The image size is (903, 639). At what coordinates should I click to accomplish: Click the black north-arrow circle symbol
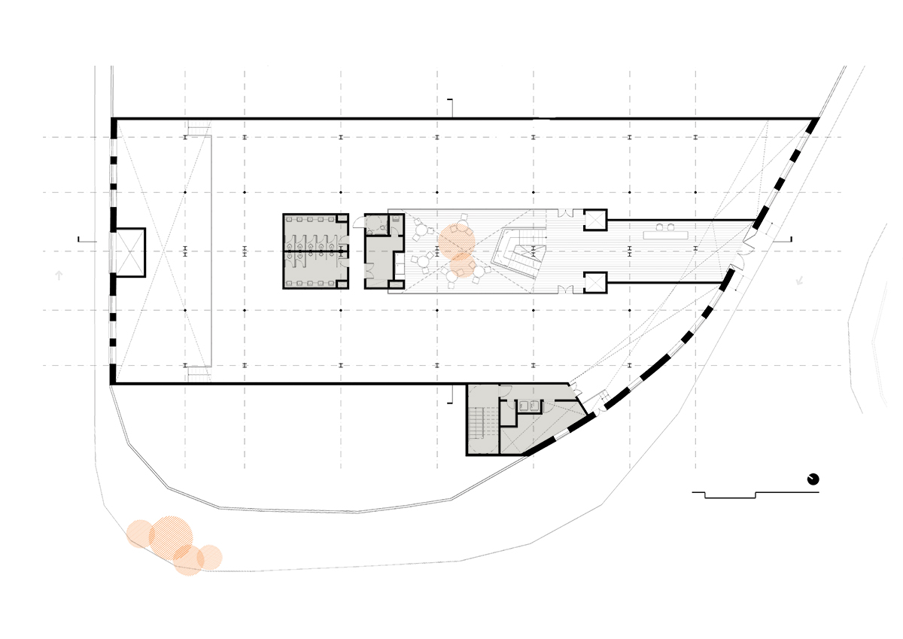[813, 479]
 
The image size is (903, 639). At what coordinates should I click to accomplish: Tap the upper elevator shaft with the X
[595, 219]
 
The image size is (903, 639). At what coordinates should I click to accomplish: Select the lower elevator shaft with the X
[595, 281]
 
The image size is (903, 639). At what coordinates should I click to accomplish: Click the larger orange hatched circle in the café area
[456, 240]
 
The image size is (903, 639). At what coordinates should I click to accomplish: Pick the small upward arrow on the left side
[59, 276]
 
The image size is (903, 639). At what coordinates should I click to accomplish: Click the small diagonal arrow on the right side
[799, 280]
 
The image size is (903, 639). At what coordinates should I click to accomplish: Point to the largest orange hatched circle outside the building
[172, 536]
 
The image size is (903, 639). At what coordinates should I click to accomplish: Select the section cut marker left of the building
[85, 239]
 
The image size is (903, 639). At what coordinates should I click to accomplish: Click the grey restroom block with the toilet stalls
[316, 251]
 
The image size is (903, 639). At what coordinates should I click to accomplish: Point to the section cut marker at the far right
[789, 239]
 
